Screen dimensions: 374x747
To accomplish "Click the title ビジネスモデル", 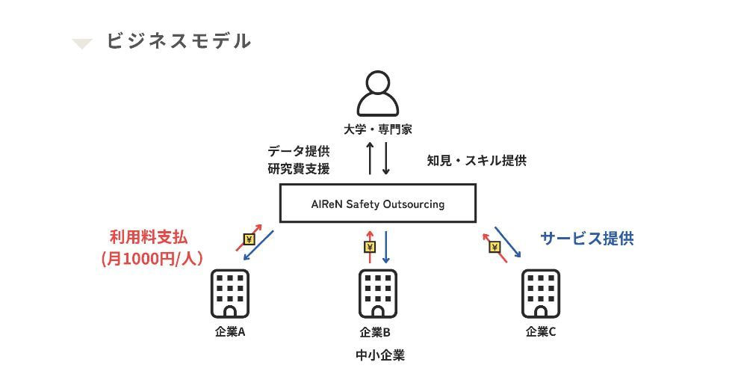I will pyautogui.click(x=178, y=41).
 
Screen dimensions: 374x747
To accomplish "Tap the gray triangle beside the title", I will pyautogui.click(x=82, y=43).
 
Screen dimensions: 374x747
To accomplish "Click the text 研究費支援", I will pyautogui.click(x=298, y=169).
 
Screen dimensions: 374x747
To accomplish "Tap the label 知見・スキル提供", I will pyautogui.click(x=477, y=160).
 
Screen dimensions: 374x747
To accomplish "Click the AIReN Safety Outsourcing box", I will pyautogui.click(x=377, y=203).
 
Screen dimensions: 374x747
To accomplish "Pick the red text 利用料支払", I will pyautogui.click(x=148, y=238).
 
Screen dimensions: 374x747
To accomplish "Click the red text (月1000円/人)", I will pyautogui.click(x=152, y=258).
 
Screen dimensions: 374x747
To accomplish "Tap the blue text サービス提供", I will pyautogui.click(x=587, y=239).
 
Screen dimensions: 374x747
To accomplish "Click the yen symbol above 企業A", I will pyautogui.click(x=249, y=240).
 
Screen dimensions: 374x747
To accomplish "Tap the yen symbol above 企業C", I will pyautogui.click(x=495, y=247).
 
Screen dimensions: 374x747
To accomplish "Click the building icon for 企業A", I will pyautogui.click(x=229, y=294).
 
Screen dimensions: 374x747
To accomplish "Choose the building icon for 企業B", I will pyautogui.click(x=377, y=294).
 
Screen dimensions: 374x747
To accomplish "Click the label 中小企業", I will pyautogui.click(x=380, y=355).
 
